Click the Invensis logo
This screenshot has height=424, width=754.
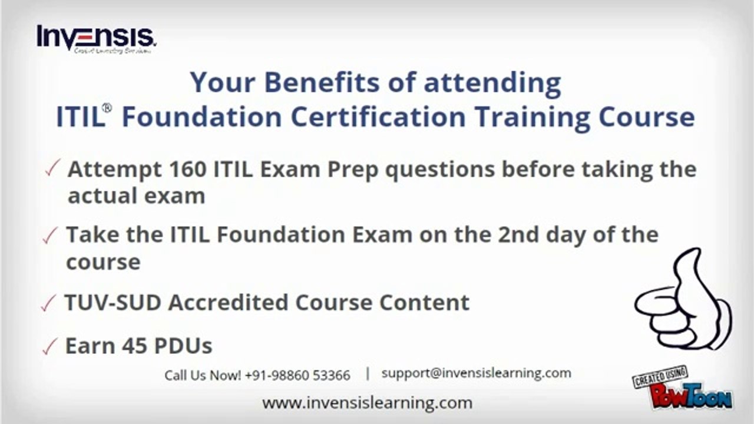point(96,39)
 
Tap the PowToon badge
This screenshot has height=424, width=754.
point(683,389)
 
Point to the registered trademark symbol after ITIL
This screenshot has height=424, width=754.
point(107,108)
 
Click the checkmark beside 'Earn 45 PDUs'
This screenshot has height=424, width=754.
point(49,347)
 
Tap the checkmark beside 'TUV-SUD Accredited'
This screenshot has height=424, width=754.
point(48,304)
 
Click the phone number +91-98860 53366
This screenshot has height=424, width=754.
point(297,375)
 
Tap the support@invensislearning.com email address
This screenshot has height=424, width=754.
point(476,373)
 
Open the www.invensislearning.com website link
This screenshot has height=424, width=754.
point(367,403)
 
